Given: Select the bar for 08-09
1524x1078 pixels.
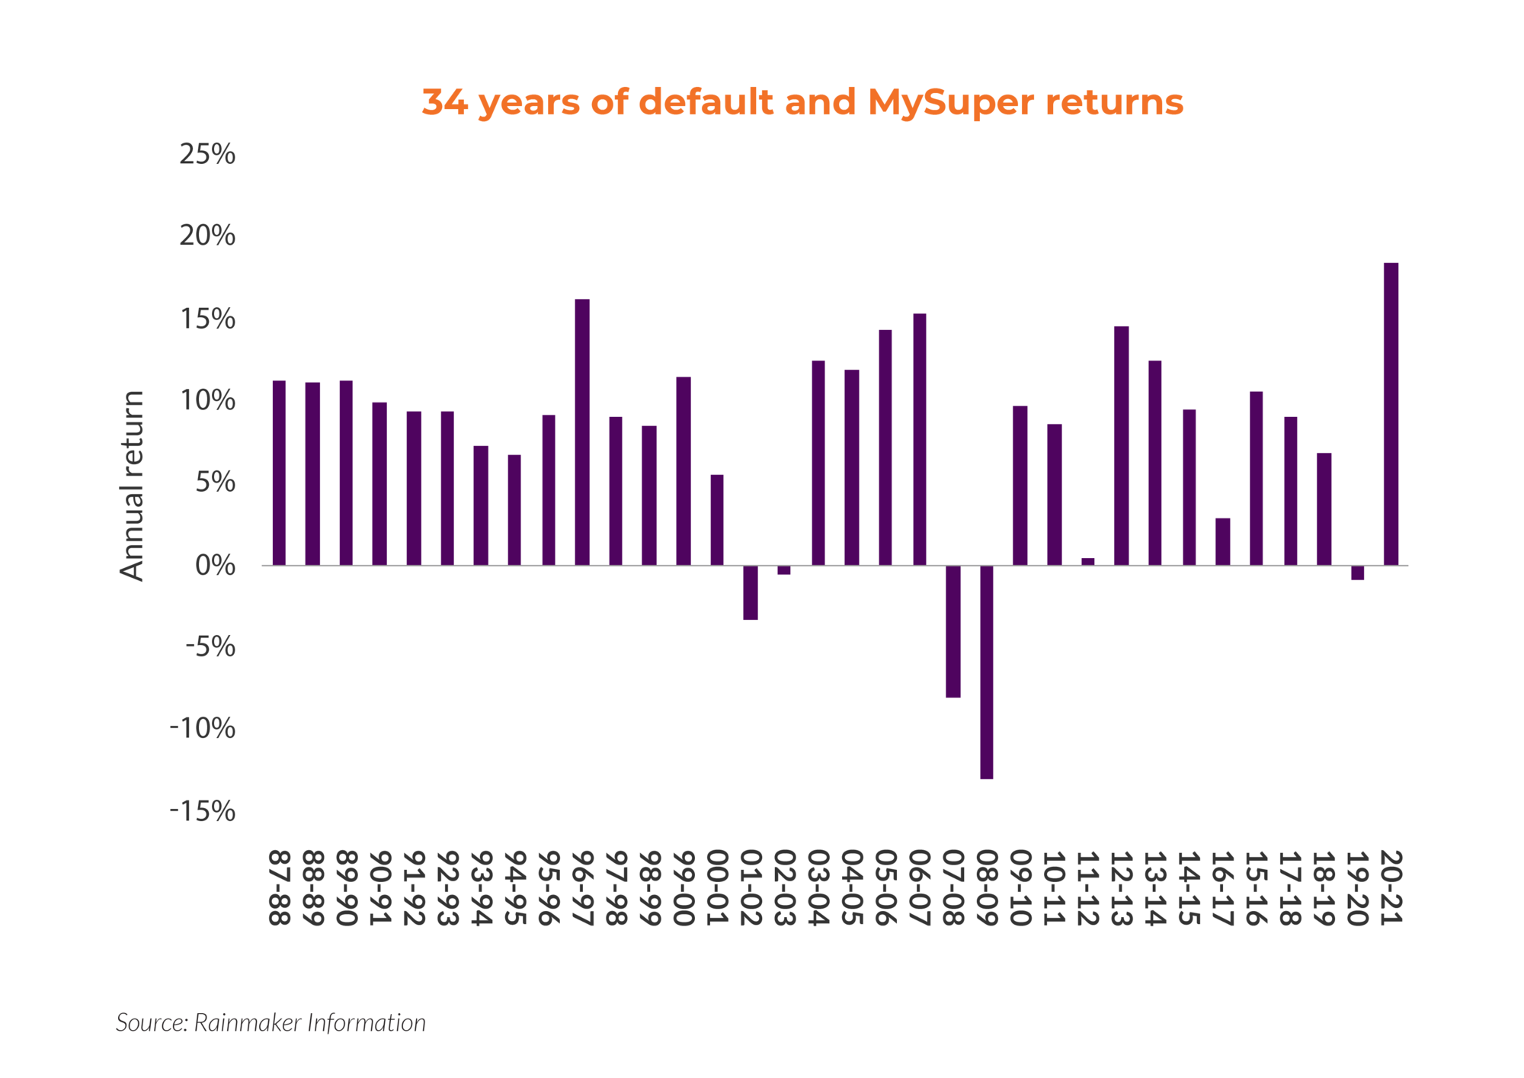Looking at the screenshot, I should [986, 672].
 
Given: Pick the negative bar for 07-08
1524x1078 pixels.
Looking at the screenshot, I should [952, 631].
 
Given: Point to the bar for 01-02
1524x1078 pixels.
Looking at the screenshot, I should [751, 592].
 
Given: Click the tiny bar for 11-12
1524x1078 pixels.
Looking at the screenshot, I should [1087, 561].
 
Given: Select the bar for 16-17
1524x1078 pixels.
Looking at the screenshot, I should [1222, 541].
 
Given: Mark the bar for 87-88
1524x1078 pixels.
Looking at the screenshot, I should [279, 473].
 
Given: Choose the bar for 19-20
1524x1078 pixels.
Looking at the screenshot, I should [1357, 573].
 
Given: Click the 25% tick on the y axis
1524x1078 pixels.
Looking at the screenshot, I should [207, 154].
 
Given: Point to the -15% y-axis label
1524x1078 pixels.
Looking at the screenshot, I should [203, 810].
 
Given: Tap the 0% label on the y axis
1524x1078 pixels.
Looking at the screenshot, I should [215, 565].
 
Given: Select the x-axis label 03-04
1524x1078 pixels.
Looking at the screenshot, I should [818, 887].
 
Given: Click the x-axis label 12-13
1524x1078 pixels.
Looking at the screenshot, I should [1121, 887].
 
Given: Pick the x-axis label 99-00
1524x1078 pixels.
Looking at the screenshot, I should [684, 887].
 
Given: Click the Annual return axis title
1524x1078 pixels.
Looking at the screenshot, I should [133, 486].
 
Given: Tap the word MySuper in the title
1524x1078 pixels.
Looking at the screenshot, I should [950, 102].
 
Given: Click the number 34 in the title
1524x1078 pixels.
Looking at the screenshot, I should [444, 102].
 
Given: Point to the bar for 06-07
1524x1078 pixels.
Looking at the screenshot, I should [919, 439].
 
